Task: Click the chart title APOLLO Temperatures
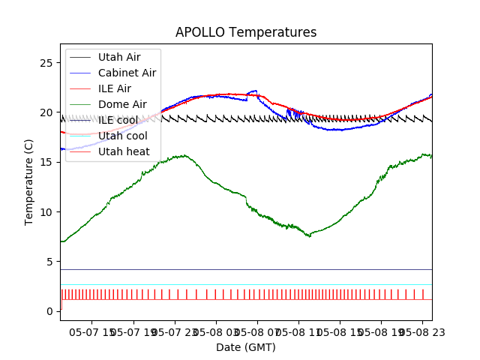point(246,33)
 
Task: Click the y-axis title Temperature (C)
point(29,182)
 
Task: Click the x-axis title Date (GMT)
point(246,347)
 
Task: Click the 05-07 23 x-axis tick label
point(175,331)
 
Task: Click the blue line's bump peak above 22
point(255,91)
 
